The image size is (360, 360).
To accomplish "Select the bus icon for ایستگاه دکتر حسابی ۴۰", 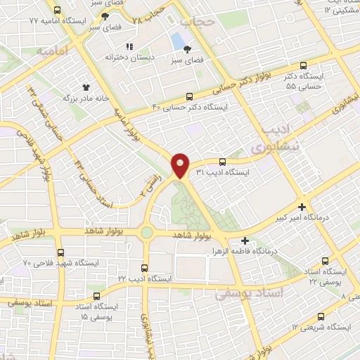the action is click(188, 96).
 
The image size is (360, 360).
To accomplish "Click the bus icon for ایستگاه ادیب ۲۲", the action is click(144, 267).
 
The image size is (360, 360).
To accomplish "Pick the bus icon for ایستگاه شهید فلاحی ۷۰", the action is click(60, 252).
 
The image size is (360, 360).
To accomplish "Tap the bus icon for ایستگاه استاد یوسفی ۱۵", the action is click(97, 296).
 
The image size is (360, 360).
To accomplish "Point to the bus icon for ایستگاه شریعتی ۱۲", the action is click(321, 316).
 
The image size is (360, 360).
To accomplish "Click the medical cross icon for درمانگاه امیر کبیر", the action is click(302, 207).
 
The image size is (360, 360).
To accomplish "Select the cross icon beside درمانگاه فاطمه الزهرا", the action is click(244, 240).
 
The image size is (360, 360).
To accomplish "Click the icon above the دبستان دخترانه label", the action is click(129, 46).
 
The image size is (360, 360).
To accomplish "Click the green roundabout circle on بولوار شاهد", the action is click(146, 232).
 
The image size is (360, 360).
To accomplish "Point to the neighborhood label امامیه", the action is click(52, 51).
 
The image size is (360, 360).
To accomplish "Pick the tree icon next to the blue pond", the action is click(188, 49).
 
